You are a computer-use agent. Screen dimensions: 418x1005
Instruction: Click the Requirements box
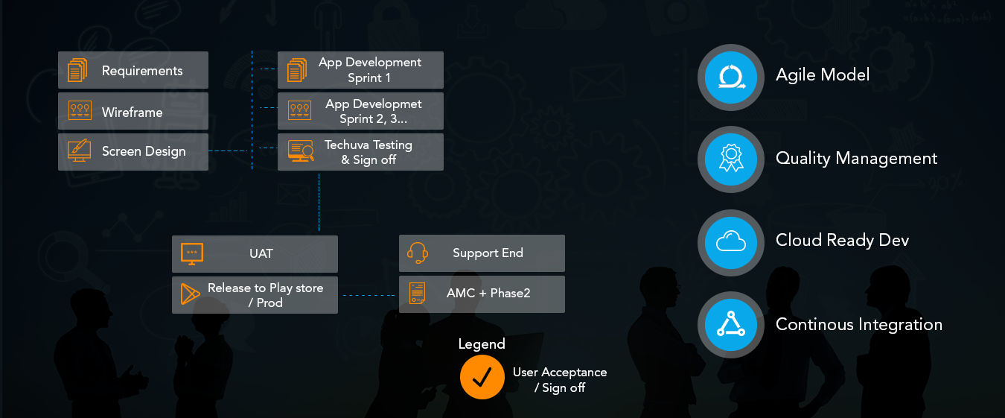[x=133, y=71]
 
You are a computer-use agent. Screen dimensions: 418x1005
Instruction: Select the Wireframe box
[x=133, y=112]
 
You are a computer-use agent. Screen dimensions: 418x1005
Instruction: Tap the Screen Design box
[x=133, y=151]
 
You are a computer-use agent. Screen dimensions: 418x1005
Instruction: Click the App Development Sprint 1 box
[x=360, y=70]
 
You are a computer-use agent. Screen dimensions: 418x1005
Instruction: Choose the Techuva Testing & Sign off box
[x=360, y=152]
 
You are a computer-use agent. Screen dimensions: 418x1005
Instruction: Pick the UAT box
[x=255, y=254]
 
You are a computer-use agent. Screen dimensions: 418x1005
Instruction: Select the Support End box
[x=482, y=253]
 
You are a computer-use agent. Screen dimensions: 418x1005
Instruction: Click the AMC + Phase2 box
[x=482, y=294]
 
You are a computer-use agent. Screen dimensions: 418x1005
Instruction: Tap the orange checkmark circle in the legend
[x=482, y=377]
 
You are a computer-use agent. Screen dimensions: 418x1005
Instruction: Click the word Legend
[x=482, y=344]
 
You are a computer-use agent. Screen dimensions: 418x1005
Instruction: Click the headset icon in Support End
[x=418, y=253]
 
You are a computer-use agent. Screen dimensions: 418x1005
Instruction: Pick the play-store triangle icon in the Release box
[x=191, y=294]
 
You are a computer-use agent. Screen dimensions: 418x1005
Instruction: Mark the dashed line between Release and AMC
[x=368, y=295]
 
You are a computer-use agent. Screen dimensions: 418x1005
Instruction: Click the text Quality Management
[x=856, y=159]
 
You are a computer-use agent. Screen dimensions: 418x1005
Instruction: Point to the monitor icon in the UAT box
[x=191, y=254]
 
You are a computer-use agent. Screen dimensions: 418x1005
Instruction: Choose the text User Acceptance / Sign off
[x=559, y=379]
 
